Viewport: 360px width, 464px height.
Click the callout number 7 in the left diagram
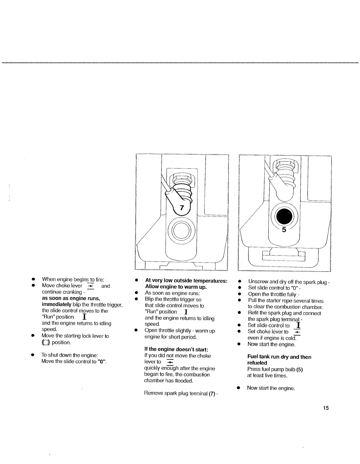[182, 208]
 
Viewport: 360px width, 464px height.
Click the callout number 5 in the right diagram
[284, 230]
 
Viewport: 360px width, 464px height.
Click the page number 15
[326, 408]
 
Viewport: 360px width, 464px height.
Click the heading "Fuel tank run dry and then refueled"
[279, 360]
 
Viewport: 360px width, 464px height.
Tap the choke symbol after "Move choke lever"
[91, 286]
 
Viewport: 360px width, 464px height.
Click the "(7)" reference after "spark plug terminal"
[212, 393]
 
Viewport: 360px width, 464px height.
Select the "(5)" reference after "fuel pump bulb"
[299, 369]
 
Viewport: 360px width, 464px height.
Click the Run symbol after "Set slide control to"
[298, 325]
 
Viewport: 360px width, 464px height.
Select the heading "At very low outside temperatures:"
[186, 281]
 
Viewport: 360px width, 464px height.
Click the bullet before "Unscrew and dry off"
[239, 282]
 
